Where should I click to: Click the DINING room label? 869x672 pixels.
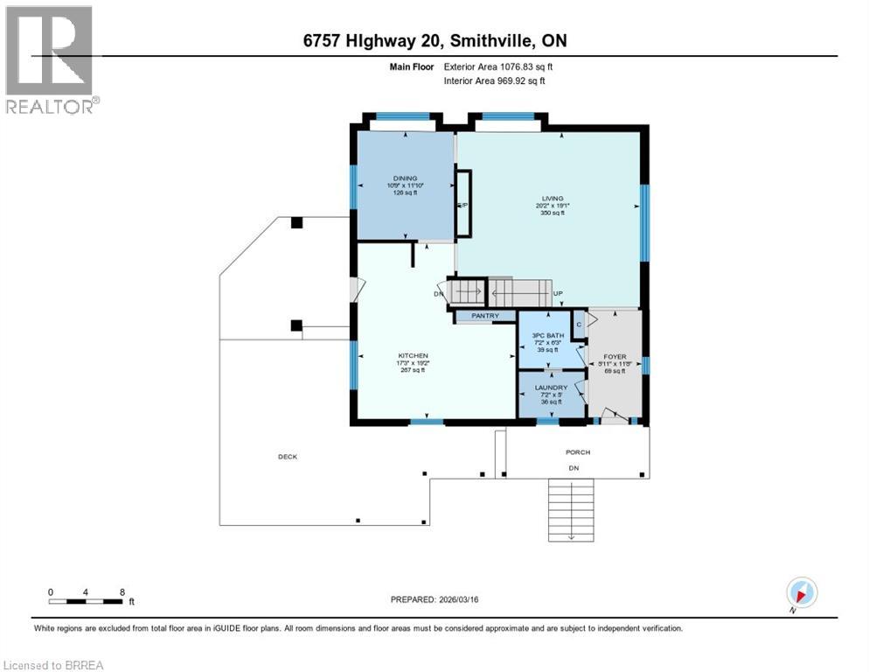[x=405, y=178]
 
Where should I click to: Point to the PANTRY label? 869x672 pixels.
[x=484, y=315]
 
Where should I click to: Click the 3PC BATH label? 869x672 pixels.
[x=550, y=334]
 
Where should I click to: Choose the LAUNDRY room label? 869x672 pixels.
[x=552, y=388]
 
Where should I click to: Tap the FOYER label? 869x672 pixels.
[x=615, y=357]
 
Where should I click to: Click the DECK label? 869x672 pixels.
[x=288, y=457]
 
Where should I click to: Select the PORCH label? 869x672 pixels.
[x=577, y=452]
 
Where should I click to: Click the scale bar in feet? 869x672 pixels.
[x=86, y=601]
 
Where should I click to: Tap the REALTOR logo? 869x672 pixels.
[x=51, y=59]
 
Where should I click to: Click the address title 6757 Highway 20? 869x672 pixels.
[x=434, y=40]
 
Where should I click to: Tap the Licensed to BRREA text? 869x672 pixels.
[x=54, y=665]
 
